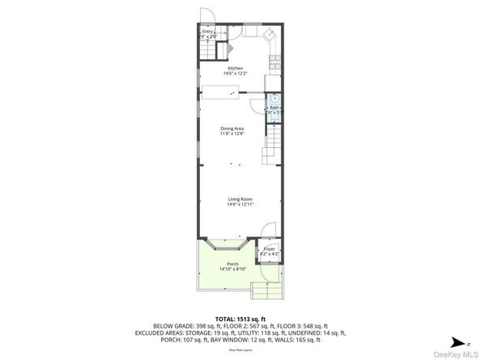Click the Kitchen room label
(235, 68)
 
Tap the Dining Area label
(232, 129)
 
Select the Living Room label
(240, 199)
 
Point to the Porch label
(232, 265)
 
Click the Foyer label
(269, 249)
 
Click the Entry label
(207, 32)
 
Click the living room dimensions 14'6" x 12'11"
(240, 205)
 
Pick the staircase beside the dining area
(270, 149)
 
